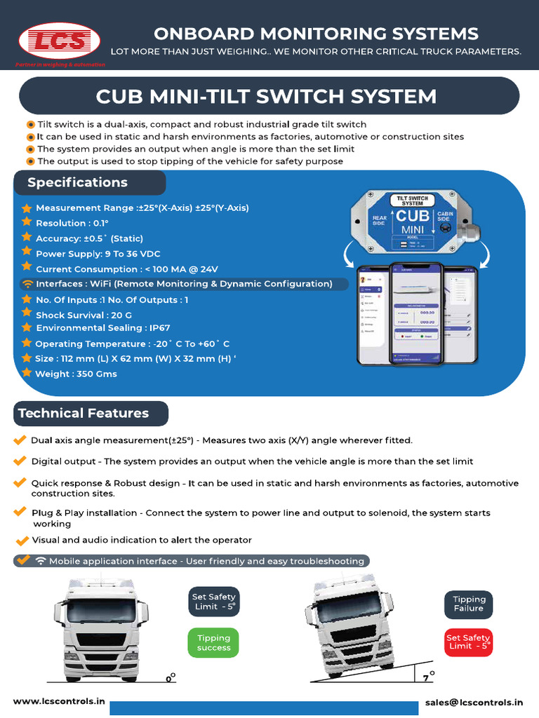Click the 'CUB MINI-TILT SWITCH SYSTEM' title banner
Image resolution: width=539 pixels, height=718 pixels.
tap(266, 96)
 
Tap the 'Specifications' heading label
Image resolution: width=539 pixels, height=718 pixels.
tap(78, 183)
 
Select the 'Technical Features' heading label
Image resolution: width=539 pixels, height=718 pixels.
tap(84, 414)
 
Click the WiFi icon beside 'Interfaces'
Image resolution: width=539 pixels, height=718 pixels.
tap(27, 284)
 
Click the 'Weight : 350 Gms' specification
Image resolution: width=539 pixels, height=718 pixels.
tap(76, 374)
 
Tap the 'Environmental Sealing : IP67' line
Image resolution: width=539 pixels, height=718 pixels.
tap(102, 327)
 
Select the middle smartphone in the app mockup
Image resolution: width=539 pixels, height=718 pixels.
tap(417, 313)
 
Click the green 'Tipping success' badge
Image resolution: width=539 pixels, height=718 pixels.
tap(213, 643)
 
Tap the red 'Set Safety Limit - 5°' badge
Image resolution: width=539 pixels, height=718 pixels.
tap(468, 642)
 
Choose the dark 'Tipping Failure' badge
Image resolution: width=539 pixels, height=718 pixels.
tap(468, 604)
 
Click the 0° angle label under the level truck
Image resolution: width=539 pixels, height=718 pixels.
tap(170, 677)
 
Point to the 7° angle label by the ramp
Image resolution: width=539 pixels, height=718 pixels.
tap(429, 677)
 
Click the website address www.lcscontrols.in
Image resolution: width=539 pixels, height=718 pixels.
tap(59, 701)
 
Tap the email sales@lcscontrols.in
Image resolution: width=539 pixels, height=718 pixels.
tap(474, 701)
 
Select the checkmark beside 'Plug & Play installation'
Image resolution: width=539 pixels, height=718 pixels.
tap(20, 512)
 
